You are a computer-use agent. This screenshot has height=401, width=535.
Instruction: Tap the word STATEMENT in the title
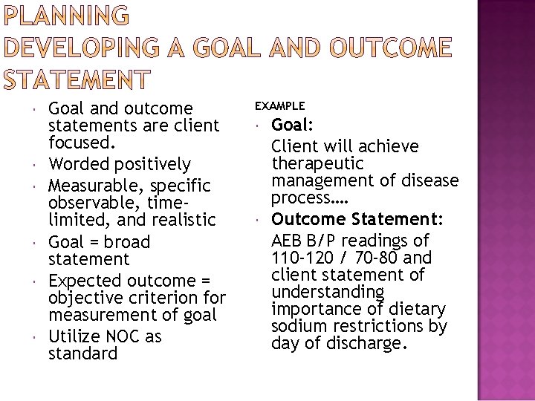(x=76, y=77)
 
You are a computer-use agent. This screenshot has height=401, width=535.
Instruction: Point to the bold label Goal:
(x=291, y=125)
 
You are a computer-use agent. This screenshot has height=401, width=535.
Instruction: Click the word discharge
(x=372, y=344)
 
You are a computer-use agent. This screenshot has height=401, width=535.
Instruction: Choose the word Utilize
(x=73, y=336)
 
